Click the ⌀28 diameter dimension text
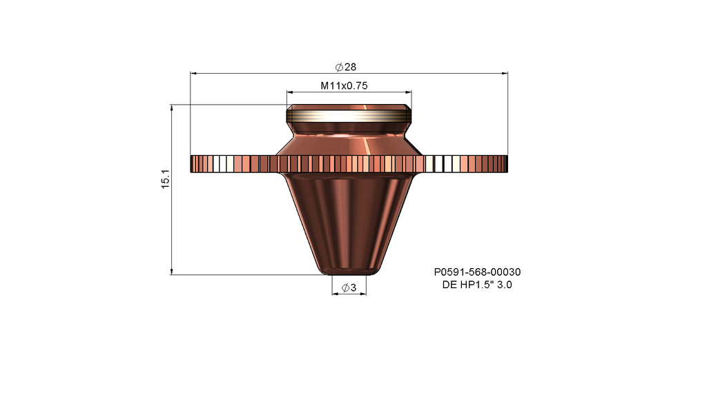coord(346,67)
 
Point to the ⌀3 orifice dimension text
coord(349,288)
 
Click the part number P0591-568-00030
coord(477,273)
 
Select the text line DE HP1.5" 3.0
coord(477,285)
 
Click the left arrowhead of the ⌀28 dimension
coord(193,72)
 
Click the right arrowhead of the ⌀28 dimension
coord(504,72)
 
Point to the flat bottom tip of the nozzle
coord(349,273)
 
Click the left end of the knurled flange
coord(194,163)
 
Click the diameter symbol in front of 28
coord(339,67)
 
